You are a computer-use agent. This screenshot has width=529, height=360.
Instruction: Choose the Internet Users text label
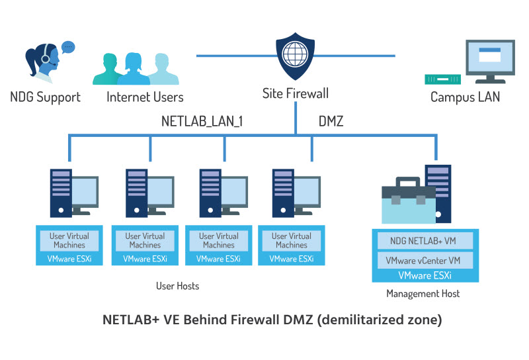tap(145, 97)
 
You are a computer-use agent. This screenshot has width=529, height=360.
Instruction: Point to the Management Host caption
tap(423, 293)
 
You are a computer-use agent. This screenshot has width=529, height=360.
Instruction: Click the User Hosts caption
tap(177, 286)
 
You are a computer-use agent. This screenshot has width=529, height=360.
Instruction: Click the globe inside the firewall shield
tap(294, 54)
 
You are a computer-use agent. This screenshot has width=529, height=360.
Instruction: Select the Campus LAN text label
tap(466, 97)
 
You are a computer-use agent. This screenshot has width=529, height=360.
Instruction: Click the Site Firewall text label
tap(296, 93)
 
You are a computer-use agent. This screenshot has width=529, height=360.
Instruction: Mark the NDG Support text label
tap(45, 97)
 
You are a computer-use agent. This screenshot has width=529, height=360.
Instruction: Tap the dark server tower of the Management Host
tap(438, 192)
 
